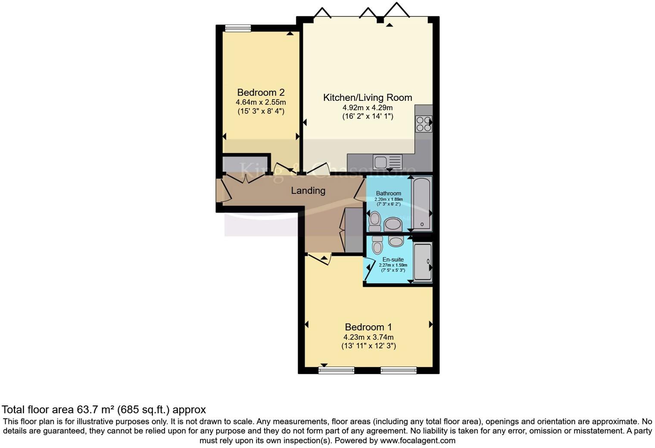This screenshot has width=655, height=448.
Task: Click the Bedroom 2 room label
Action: (261, 93)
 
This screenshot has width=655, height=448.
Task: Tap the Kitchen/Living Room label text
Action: (368, 98)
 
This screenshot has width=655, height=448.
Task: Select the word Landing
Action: (308, 190)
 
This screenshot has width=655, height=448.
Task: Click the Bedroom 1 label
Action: (368, 327)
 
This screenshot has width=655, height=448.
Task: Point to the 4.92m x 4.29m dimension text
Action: (368, 108)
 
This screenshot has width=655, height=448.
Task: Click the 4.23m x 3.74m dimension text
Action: (368, 337)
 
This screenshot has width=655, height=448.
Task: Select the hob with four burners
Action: (423, 124)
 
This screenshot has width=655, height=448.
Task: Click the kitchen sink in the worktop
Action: (387, 162)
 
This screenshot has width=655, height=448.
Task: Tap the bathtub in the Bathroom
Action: (421, 202)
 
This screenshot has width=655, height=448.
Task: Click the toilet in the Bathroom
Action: (375, 221)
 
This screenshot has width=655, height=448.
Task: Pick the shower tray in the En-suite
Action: (422, 262)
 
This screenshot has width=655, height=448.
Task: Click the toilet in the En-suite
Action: (377, 245)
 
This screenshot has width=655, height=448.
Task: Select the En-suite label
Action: (393, 259)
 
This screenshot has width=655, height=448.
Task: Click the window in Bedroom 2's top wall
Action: (238, 28)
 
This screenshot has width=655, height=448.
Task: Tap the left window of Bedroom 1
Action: (337, 370)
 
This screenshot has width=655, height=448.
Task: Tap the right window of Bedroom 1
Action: (399, 370)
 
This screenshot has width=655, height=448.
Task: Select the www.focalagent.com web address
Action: (417, 441)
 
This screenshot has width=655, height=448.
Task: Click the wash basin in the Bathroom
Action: (393, 224)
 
